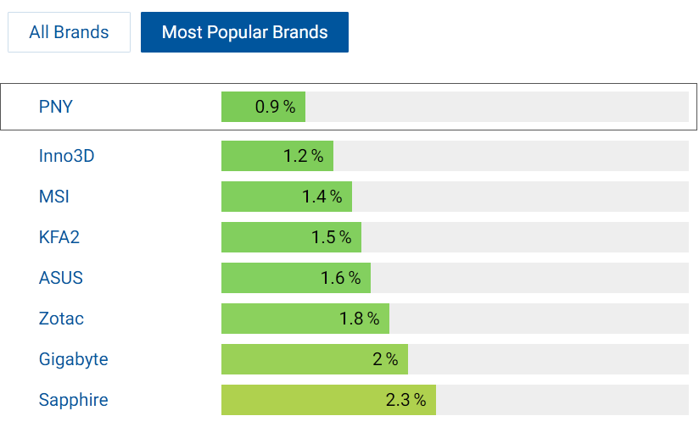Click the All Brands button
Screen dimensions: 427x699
(x=69, y=32)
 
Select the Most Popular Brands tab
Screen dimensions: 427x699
(x=244, y=32)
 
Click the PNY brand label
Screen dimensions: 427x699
(x=56, y=107)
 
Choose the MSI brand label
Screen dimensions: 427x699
(x=54, y=197)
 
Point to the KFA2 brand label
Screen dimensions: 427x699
(x=59, y=237)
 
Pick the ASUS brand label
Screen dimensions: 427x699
(x=61, y=278)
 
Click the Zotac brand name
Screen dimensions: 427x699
(x=61, y=319)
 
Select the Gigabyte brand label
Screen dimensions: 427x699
(x=74, y=359)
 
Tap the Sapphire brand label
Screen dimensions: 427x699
(x=74, y=400)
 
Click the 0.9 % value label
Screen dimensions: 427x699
(x=275, y=107)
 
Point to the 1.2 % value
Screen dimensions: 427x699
(x=303, y=156)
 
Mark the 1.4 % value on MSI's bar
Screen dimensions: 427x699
(x=322, y=197)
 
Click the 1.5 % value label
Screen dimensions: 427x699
(x=331, y=237)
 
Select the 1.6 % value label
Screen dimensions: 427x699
(x=340, y=278)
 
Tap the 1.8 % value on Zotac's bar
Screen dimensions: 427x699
(x=359, y=319)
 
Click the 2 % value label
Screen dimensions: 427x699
(x=385, y=359)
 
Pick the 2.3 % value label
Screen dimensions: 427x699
(x=405, y=400)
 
